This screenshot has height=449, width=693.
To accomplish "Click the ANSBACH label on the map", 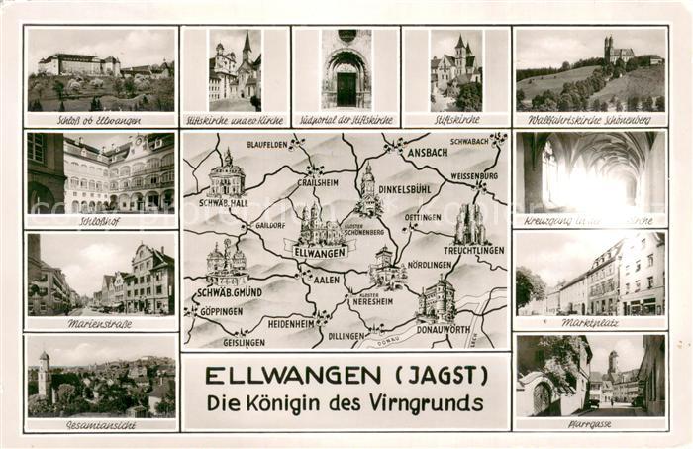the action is (x=428, y=154).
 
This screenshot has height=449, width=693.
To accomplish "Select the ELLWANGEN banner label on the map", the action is (x=320, y=252).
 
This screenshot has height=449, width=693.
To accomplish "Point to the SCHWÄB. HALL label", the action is (x=223, y=202).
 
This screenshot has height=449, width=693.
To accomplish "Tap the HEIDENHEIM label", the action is (x=291, y=323).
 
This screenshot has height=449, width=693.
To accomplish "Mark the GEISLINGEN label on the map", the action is (x=244, y=342).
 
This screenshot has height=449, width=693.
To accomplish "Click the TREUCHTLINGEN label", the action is (x=474, y=251).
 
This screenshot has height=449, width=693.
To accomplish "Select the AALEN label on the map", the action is (x=326, y=281).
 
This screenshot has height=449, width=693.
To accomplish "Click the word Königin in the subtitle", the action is (x=314, y=403).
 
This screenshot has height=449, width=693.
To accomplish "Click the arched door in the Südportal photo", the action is (x=346, y=87).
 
